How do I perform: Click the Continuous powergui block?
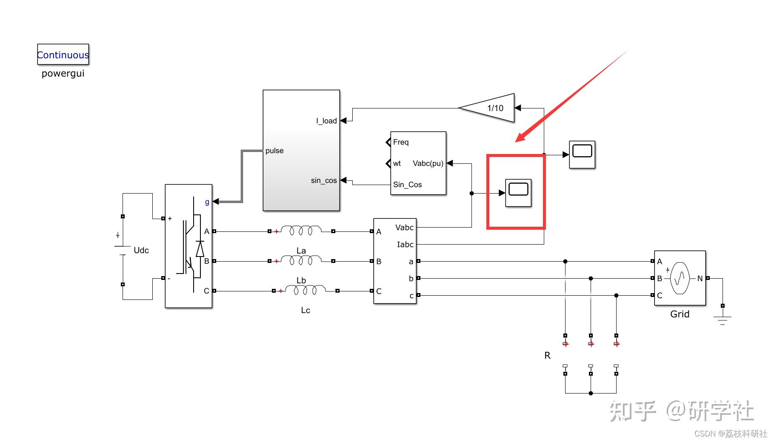pos(63,54)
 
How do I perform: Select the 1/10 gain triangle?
pos(490,108)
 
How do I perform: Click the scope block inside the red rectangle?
pos(518,193)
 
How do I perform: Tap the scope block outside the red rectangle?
pos(582,154)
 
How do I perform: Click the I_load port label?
pos(326,121)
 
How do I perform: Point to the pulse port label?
pos(274,151)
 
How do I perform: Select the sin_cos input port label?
pos(323,180)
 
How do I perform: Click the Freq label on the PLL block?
pos(401,142)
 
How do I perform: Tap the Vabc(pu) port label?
pos(428,163)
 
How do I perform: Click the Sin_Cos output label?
pos(407,185)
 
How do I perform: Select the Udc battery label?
pos(141,250)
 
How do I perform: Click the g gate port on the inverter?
pos(207,202)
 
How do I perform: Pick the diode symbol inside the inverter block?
pos(200,249)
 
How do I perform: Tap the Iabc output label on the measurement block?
pos(405,245)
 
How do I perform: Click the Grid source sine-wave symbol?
pos(680,278)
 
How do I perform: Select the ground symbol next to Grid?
pos(722,319)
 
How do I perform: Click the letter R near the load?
pos(547,355)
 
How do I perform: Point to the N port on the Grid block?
pos(700,278)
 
